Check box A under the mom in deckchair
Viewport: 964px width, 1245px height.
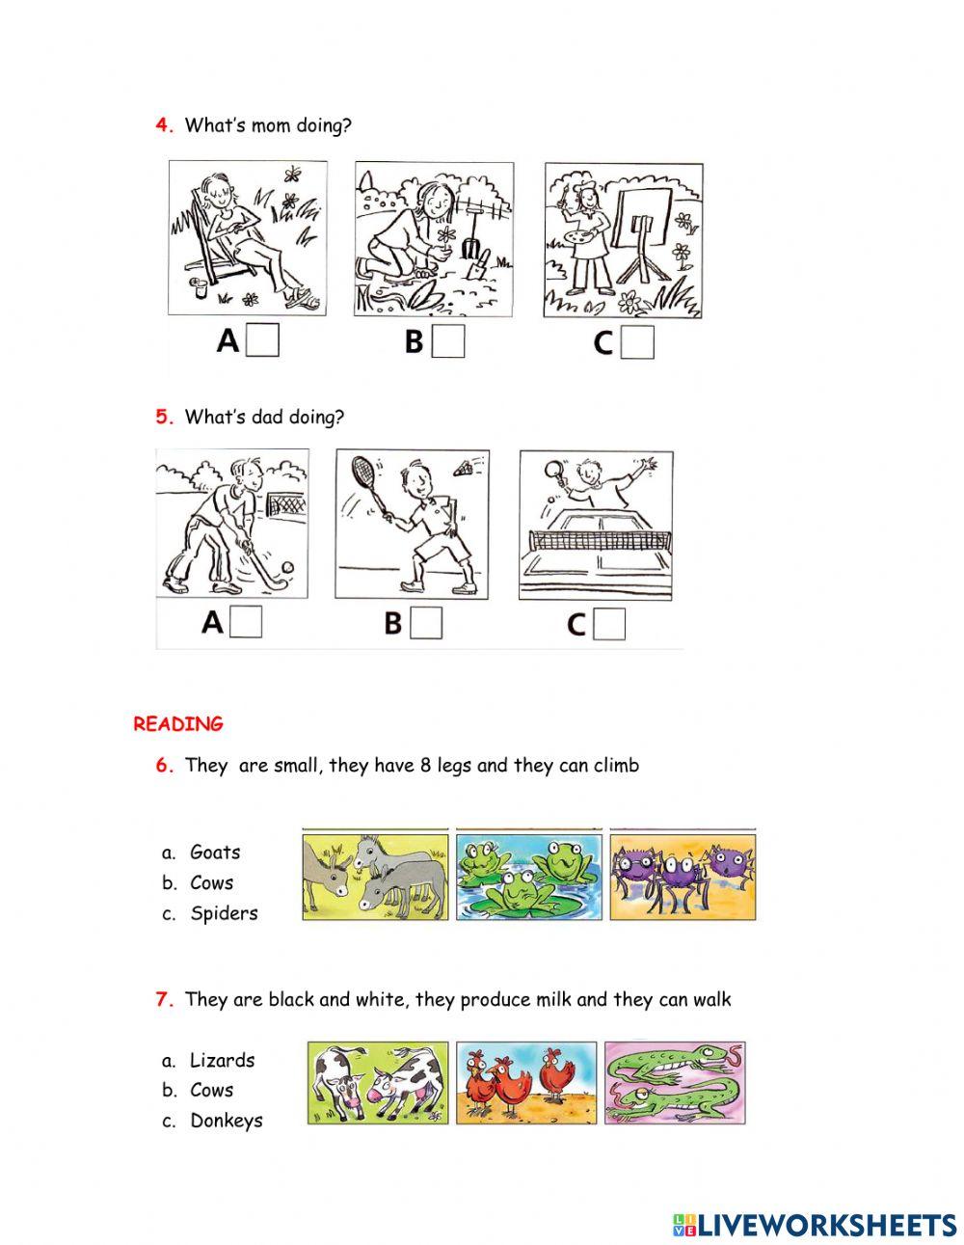[262, 341]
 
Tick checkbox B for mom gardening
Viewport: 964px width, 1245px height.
[448, 341]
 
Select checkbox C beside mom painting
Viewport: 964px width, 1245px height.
[637, 342]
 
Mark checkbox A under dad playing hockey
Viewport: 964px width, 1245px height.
[246, 623]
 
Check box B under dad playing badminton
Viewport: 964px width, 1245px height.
[426, 623]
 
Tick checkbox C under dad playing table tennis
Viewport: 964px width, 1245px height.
[609, 625]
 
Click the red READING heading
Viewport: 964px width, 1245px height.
[178, 724]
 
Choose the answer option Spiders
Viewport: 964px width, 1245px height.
[224, 913]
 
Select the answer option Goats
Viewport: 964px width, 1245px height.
[215, 853]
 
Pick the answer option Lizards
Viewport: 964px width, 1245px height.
[222, 1061]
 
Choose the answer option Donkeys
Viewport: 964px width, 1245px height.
[226, 1121]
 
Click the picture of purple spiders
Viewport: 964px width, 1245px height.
[683, 876]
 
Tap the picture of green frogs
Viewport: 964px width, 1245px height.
[527, 876]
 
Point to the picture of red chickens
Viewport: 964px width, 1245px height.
[526, 1082]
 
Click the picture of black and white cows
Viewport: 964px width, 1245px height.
[378, 1082]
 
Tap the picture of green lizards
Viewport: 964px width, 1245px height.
[676, 1082]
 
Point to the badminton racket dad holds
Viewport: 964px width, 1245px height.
[361, 474]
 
